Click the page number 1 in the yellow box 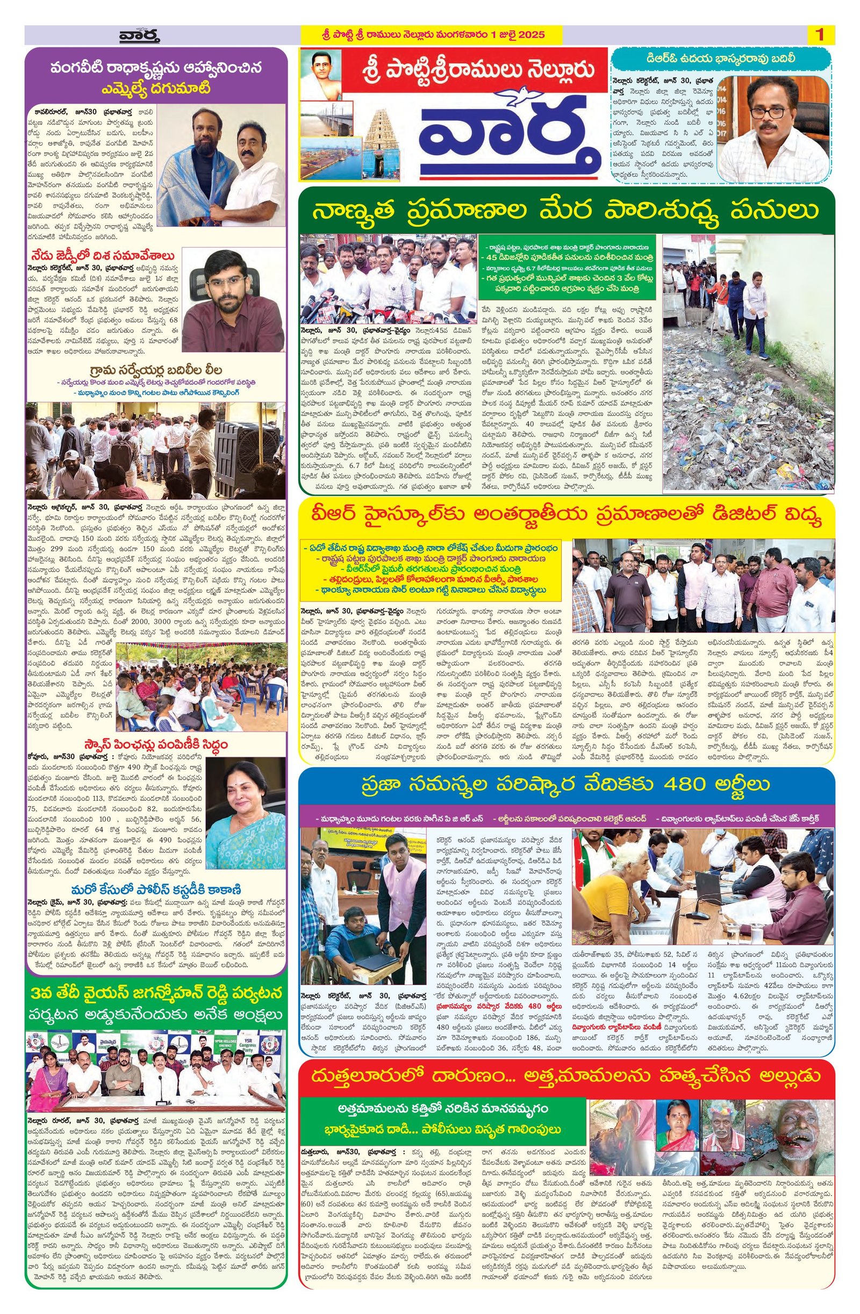point(819,34)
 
